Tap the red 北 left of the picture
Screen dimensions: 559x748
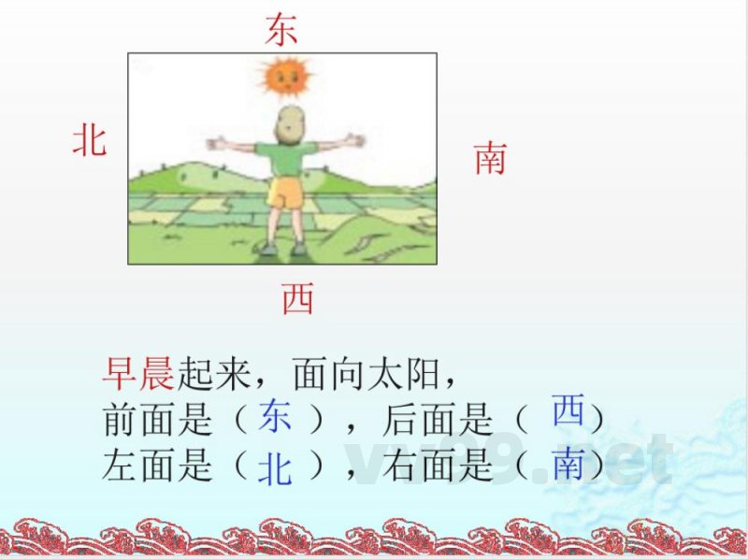pyautogui.click(x=90, y=141)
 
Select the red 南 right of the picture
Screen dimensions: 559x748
pyautogui.click(x=490, y=158)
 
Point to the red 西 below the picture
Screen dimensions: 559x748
pyautogui.click(x=297, y=299)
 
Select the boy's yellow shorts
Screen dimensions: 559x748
pyautogui.click(x=283, y=194)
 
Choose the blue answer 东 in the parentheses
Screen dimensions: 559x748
pyautogui.click(x=275, y=417)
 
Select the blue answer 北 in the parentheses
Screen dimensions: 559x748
pyautogui.click(x=275, y=467)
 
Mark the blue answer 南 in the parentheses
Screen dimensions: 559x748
pyautogui.click(x=568, y=463)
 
